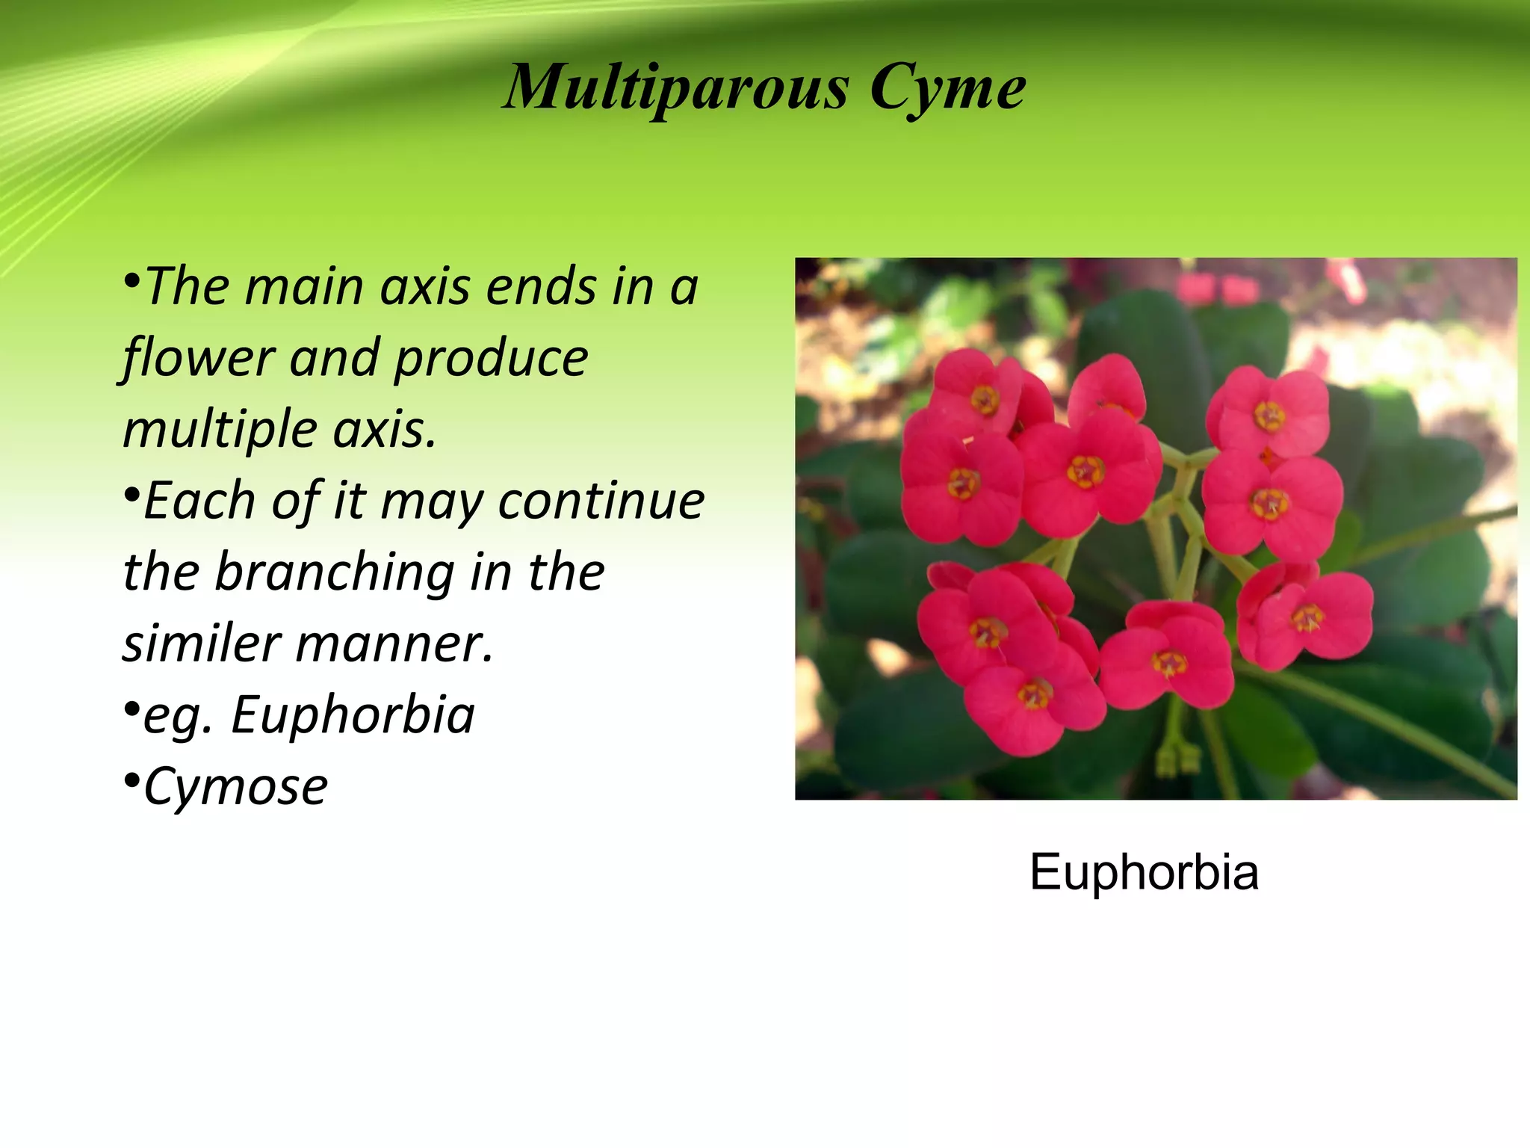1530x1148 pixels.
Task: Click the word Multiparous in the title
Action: (676, 88)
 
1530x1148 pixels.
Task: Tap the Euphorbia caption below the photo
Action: (1144, 872)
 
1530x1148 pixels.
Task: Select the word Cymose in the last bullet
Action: (235, 787)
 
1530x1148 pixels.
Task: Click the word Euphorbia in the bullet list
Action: (353, 715)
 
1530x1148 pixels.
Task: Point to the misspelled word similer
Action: (199, 644)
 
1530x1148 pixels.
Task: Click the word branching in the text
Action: (335, 573)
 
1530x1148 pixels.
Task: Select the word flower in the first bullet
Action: (199, 358)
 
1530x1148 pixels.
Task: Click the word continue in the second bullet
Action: (601, 501)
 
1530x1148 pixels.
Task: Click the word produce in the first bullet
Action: (491, 358)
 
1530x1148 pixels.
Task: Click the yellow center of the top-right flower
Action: (1269, 416)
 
